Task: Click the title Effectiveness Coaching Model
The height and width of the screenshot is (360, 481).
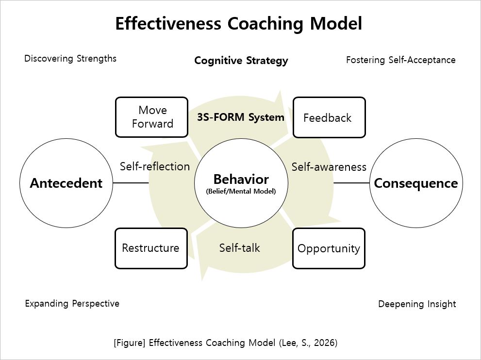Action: (238, 24)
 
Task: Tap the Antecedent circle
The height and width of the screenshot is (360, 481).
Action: (66, 183)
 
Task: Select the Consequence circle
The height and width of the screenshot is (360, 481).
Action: (416, 183)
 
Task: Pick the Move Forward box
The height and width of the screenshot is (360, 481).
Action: (151, 117)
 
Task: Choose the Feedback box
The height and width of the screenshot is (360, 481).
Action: (329, 117)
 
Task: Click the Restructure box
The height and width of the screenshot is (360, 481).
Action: (151, 248)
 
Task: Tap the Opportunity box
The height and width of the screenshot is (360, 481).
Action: (329, 248)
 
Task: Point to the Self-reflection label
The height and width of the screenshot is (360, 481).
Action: (155, 166)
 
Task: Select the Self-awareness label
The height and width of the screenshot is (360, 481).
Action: (329, 167)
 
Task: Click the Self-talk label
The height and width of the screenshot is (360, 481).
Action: (239, 248)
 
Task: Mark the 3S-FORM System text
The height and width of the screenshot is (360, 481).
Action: (240, 117)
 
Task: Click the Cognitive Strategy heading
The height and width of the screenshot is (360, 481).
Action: (241, 61)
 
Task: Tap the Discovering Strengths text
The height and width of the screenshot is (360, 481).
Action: (70, 59)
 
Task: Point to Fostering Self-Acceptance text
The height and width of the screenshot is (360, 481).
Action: (400, 60)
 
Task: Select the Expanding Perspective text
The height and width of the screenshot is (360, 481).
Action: (72, 304)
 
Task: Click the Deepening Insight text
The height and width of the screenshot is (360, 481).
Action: (417, 304)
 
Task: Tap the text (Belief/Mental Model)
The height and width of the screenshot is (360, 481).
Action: (241, 191)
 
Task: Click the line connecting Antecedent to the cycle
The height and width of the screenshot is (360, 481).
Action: (131, 183)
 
